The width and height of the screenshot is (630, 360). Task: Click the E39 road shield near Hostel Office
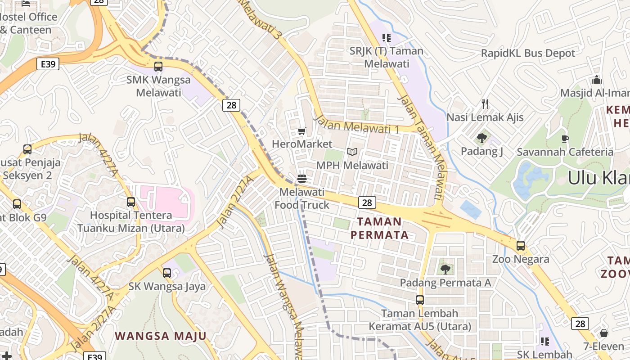point(48,64)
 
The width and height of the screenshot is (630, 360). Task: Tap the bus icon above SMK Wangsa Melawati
point(158,67)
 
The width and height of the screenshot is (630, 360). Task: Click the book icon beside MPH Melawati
point(352,152)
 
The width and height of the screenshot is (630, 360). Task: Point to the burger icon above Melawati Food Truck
point(302,179)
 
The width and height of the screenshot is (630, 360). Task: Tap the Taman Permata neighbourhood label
point(379,228)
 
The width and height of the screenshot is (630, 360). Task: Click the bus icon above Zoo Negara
point(521,246)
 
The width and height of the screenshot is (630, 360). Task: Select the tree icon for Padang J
point(482,138)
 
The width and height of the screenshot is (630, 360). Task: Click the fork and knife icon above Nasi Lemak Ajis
point(485,104)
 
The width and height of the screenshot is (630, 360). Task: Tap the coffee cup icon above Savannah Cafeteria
point(565,139)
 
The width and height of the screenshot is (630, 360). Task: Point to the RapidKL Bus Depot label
point(528,53)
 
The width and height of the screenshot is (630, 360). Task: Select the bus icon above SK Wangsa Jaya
point(167,273)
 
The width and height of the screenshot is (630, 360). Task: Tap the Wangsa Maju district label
point(161,336)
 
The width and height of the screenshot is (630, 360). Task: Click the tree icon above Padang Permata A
point(445,270)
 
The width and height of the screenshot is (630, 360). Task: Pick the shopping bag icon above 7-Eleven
point(604,333)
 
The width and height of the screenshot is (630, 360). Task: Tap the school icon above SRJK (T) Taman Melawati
point(387,37)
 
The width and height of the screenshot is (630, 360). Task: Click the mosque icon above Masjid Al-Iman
point(597,80)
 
